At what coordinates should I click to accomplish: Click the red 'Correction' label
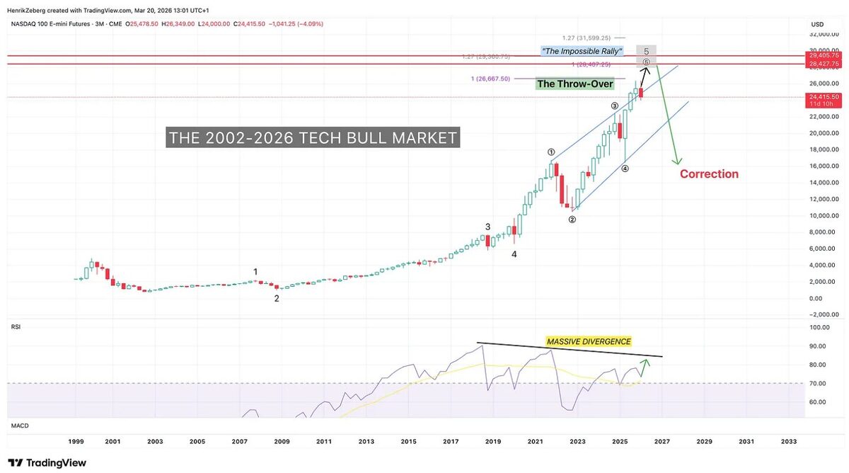pyautogui.click(x=709, y=174)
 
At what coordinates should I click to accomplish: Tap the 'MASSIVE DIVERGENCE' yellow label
pyautogui.click(x=589, y=341)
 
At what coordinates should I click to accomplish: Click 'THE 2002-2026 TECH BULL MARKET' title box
pyautogui.click(x=313, y=137)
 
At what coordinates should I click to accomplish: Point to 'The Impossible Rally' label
pyautogui.click(x=582, y=51)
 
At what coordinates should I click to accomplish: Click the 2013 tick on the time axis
pyautogui.click(x=366, y=441)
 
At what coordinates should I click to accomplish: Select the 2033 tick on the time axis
pyautogui.click(x=788, y=441)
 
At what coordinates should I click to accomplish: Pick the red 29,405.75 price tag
pyautogui.click(x=824, y=55)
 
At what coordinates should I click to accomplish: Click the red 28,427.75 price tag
pyautogui.click(x=824, y=63)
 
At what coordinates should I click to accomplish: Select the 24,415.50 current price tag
pyautogui.click(x=824, y=97)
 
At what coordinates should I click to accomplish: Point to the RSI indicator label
pyautogui.click(x=16, y=327)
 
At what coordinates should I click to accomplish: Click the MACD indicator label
pyautogui.click(x=18, y=426)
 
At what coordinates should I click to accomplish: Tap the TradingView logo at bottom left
pyautogui.click(x=47, y=462)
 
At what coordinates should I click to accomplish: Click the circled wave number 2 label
pyautogui.click(x=572, y=220)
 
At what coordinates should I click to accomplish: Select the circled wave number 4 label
pyautogui.click(x=625, y=169)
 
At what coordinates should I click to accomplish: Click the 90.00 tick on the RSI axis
pyautogui.click(x=820, y=346)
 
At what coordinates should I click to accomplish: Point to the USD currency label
pyautogui.click(x=817, y=25)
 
